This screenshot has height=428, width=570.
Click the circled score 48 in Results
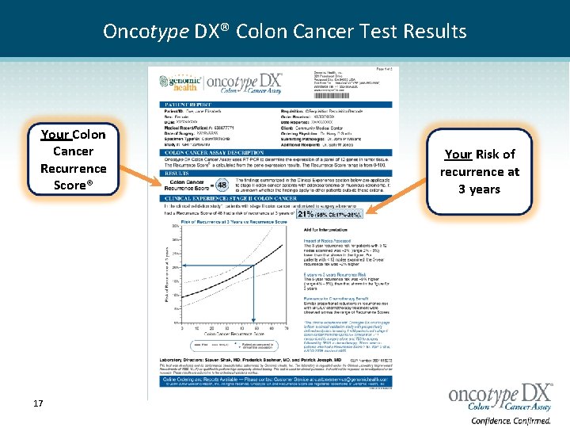click(x=221, y=185)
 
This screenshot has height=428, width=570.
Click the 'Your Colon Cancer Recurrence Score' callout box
click(x=73, y=159)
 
